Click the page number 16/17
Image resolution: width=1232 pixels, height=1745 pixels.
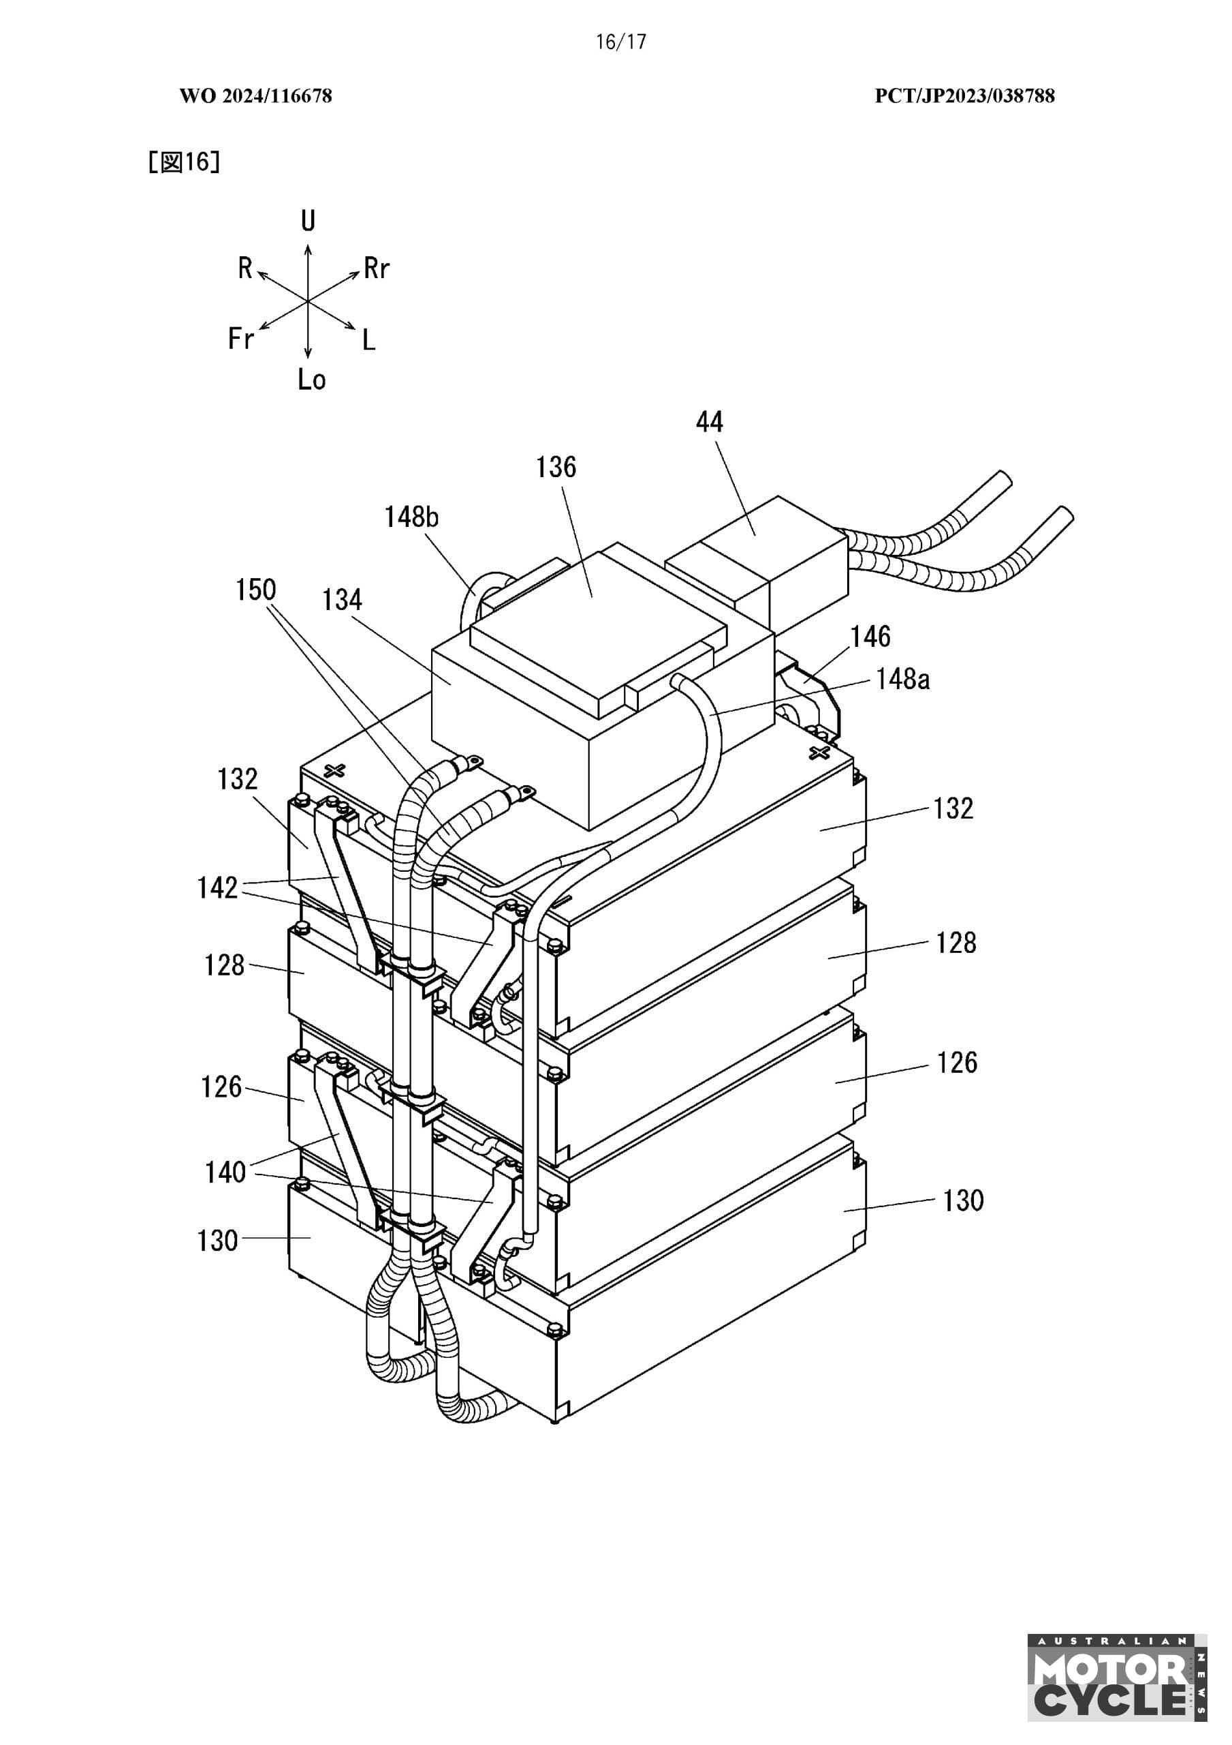click(620, 42)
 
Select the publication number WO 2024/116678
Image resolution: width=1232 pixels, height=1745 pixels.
click(256, 95)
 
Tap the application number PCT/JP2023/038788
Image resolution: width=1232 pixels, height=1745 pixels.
click(964, 95)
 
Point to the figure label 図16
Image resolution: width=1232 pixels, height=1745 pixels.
click(185, 162)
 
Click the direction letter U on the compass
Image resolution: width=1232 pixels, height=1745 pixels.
click(308, 221)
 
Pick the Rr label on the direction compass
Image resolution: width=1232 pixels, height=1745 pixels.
click(377, 269)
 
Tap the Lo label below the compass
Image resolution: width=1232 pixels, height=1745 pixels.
click(311, 378)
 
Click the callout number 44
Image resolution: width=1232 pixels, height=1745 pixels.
click(710, 422)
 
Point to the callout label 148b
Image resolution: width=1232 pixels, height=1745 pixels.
click(411, 517)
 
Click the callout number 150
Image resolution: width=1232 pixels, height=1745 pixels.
click(256, 590)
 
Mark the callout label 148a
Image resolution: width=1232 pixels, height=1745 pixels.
click(902, 679)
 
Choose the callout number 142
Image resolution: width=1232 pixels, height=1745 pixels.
click(218, 887)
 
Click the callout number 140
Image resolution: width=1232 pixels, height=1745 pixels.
click(225, 1172)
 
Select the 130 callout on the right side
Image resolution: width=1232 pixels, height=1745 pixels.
click(963, 1201)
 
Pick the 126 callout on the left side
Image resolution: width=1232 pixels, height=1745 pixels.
click(221, 1087)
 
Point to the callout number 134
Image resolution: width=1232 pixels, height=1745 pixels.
click(342, 601)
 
